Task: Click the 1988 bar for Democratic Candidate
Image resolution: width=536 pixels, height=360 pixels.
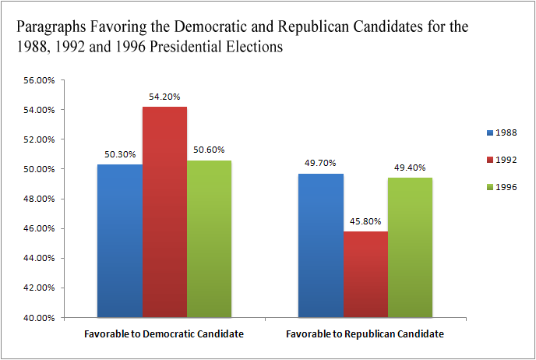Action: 120,241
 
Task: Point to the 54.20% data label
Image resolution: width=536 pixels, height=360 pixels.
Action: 164,97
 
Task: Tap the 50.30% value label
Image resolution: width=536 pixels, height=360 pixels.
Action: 120,155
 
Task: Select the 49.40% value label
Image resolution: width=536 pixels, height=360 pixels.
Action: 410,168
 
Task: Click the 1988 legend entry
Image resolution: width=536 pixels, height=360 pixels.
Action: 499,132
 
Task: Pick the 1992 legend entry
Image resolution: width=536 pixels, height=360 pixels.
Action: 499,160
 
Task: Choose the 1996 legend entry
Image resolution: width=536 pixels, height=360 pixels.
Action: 499,187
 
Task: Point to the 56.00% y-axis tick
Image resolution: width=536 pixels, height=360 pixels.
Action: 60,80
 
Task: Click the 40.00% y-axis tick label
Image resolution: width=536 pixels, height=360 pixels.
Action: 60,318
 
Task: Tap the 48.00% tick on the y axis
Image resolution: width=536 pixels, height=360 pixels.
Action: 60,199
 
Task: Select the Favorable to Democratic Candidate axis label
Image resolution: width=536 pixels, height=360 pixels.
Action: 164,334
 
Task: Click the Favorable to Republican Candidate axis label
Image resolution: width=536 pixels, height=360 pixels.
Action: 365,334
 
